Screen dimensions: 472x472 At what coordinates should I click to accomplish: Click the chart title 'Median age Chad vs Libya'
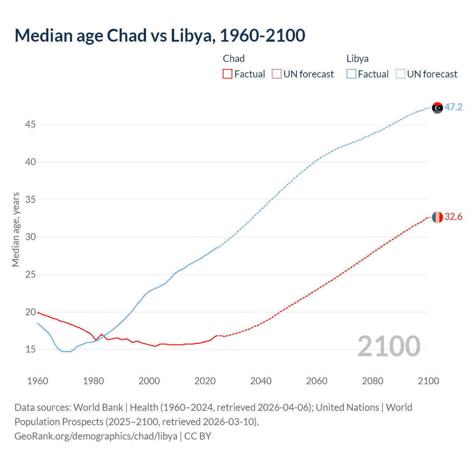click(x=160, y=35)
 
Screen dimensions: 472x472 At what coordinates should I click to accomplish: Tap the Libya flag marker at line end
click(x=437, y=108)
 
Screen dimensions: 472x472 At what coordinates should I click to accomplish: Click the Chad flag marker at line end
click(x=437, y=217)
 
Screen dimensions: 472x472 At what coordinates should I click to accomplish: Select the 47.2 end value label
click(x=453, y=107)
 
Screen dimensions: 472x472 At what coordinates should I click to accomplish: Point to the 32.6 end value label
click(x=453, y=217)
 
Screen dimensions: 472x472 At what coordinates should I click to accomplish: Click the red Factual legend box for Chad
click(x=228, y=74)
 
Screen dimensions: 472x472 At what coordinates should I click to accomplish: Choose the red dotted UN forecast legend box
click(x=277, y=74)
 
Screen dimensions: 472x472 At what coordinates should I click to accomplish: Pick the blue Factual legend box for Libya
click(x=351, y=74)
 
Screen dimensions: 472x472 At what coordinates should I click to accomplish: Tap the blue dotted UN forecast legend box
click(x=400, y=74)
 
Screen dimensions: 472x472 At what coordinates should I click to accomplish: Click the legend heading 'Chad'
click(x=234, y=59)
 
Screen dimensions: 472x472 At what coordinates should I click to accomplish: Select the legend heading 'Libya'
click(x=357, y=59)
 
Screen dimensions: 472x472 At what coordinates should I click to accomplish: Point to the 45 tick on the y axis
click(x=30, y=125)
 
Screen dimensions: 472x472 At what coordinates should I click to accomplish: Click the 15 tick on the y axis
click(x=30, y=350)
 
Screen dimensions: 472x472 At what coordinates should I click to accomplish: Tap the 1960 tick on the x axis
click(x=38, y=381)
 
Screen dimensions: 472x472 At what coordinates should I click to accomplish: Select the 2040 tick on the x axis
click(x=261, y=381)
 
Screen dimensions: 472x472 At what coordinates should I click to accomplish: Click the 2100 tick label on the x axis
click(x=428, y=381)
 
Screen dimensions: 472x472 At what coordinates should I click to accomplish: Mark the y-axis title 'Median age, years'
click(x=15, y=229)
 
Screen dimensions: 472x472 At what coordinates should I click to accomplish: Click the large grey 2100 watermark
click(x=389, y=346)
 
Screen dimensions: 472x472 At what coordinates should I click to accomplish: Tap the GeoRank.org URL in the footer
click(x=96, y=436)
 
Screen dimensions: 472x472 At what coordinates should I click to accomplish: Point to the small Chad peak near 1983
click(x=101, y=334)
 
